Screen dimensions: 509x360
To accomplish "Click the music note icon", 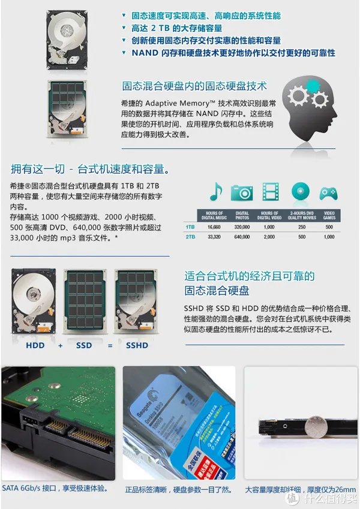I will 215,192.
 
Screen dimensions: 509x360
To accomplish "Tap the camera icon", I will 242,192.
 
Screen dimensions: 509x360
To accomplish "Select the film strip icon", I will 269,192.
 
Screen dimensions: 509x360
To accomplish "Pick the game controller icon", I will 328,192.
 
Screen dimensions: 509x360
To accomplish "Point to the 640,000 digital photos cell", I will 242,237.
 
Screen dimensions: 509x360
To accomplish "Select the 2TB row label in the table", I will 190,237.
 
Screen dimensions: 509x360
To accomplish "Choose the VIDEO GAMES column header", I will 329,215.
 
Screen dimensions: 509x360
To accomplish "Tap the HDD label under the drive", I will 35,345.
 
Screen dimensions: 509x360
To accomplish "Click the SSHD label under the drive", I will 137,345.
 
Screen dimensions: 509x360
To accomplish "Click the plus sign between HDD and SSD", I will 60,345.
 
